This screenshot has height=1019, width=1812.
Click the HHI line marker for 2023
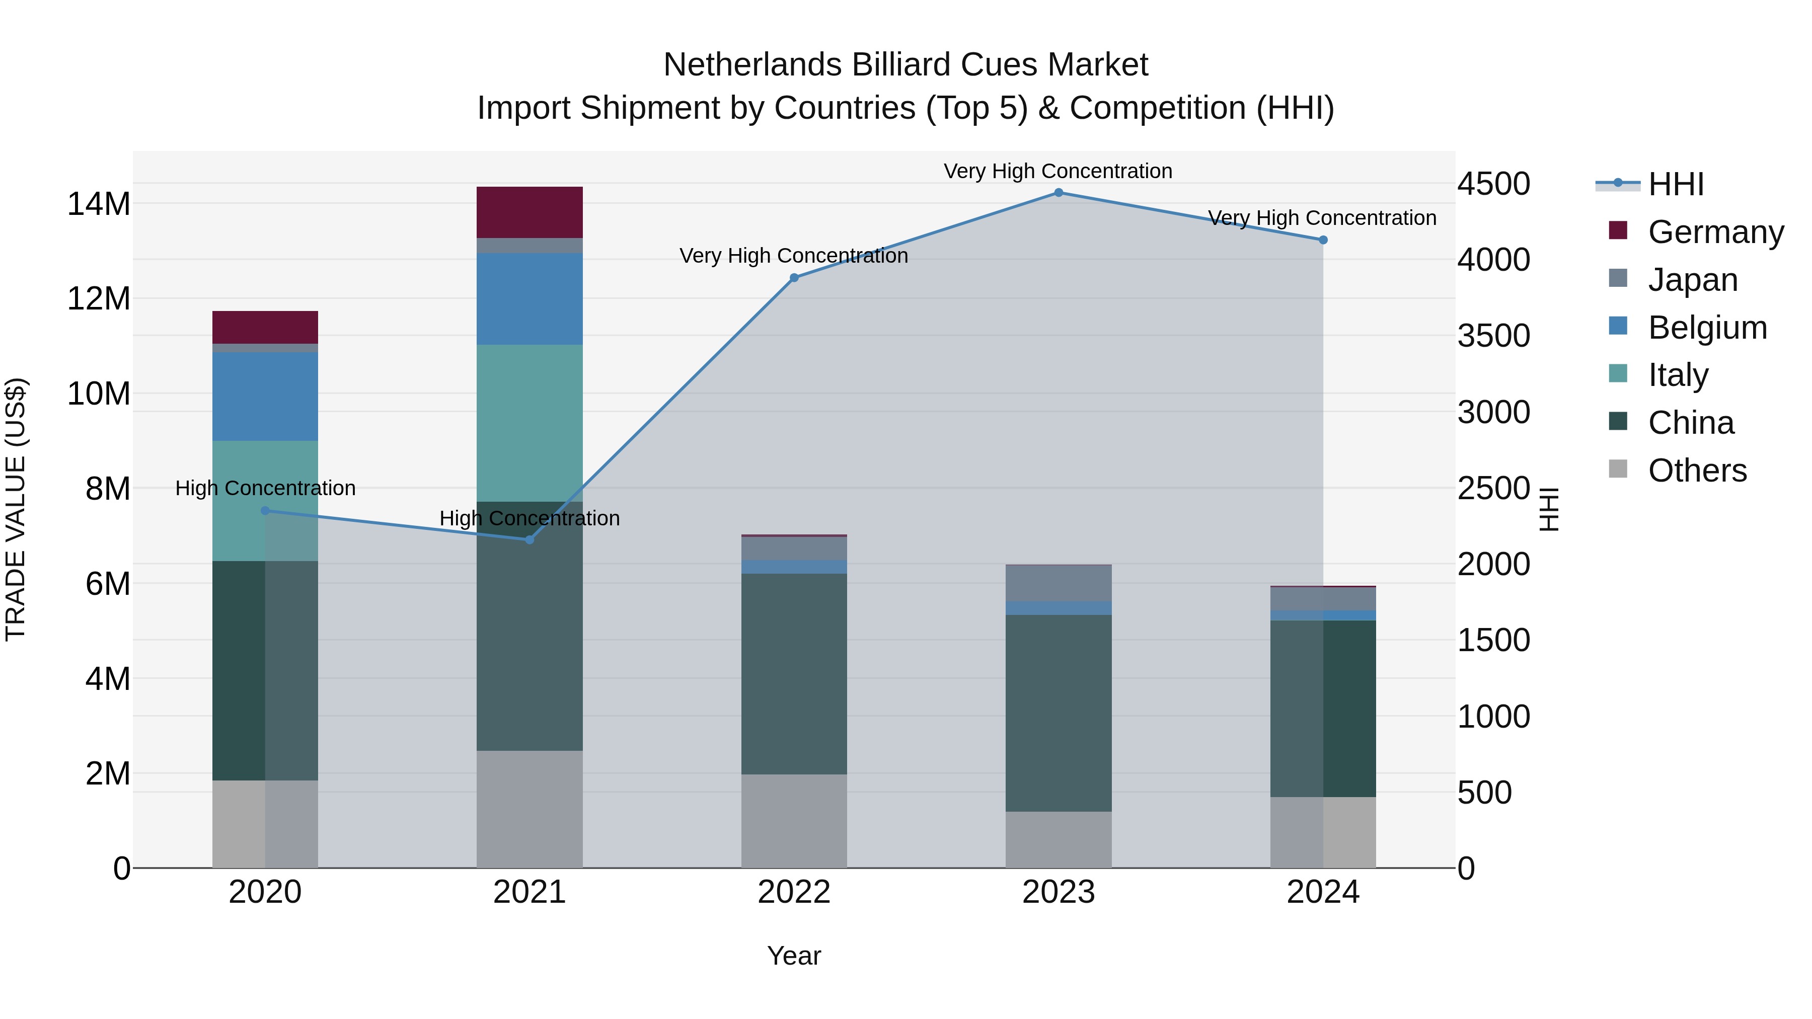pyautogui.click(x=1058, y=193)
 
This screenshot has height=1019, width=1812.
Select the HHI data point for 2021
pyautogui.click(x=530, y=539)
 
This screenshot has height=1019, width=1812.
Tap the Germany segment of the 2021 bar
pyautogui.click(x=530, y=212)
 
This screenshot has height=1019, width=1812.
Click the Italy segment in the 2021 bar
pyautogui.click(x=530, y=423)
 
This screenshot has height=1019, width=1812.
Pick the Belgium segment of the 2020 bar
pyautogui.click(x=265, y=397)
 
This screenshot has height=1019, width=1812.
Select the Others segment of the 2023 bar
pyautogui.click(x=1058, y=840)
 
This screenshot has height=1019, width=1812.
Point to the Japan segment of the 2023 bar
pyautogui.click(x=1058, y=583)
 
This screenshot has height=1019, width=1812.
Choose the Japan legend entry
pyautogui.click(x=1692, y=279)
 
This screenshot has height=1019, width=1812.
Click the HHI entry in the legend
pyautogui.click(x=1675, y=184)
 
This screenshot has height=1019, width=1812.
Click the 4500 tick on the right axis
pyautogui.click(x=1493, y=184)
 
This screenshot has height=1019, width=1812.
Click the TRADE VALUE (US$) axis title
pyautogui.click(x=16, y=509)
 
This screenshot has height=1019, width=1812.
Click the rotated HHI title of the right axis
pyautogui.click(x=1550, y=509)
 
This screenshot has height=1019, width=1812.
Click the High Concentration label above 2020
pyautogui.click(x=265, y=488)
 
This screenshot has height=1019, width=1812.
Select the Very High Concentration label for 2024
pyautogui.click(x=1322, y=218)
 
